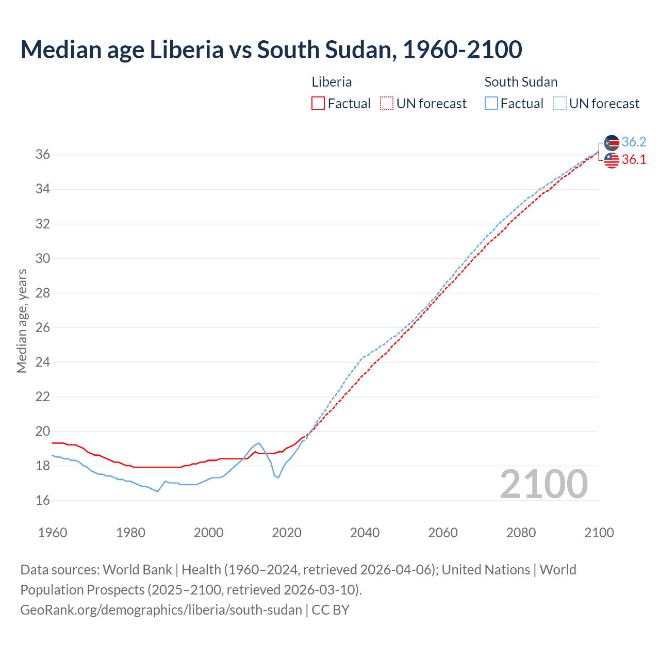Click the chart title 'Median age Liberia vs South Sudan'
(x=271, y=50)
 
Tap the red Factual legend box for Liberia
(x=318, y=104)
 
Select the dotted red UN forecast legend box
(x=386, y=104)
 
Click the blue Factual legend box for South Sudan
(x=491, y=104)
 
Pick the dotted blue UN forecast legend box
(x=559, y=104)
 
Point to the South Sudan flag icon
(x=612, y=143)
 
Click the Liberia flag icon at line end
(x=612, y=160)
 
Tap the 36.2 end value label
(x=634, y=142)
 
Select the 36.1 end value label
(x=634, y=160)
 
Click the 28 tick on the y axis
(x=43, y=293)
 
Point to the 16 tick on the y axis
(x=43, y=500)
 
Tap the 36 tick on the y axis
(x=43, y=155)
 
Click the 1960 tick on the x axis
(x=53, y=533)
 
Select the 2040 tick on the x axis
(x=365, y=533)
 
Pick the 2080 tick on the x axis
(x=521, y=533)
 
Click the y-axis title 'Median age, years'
(x=22, y=321)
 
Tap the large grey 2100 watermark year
(x=543, y=484)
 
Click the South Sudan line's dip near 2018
(x=278, y=477)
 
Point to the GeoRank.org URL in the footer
(x=161, y=609)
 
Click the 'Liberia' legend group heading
(x=332, y=82)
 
